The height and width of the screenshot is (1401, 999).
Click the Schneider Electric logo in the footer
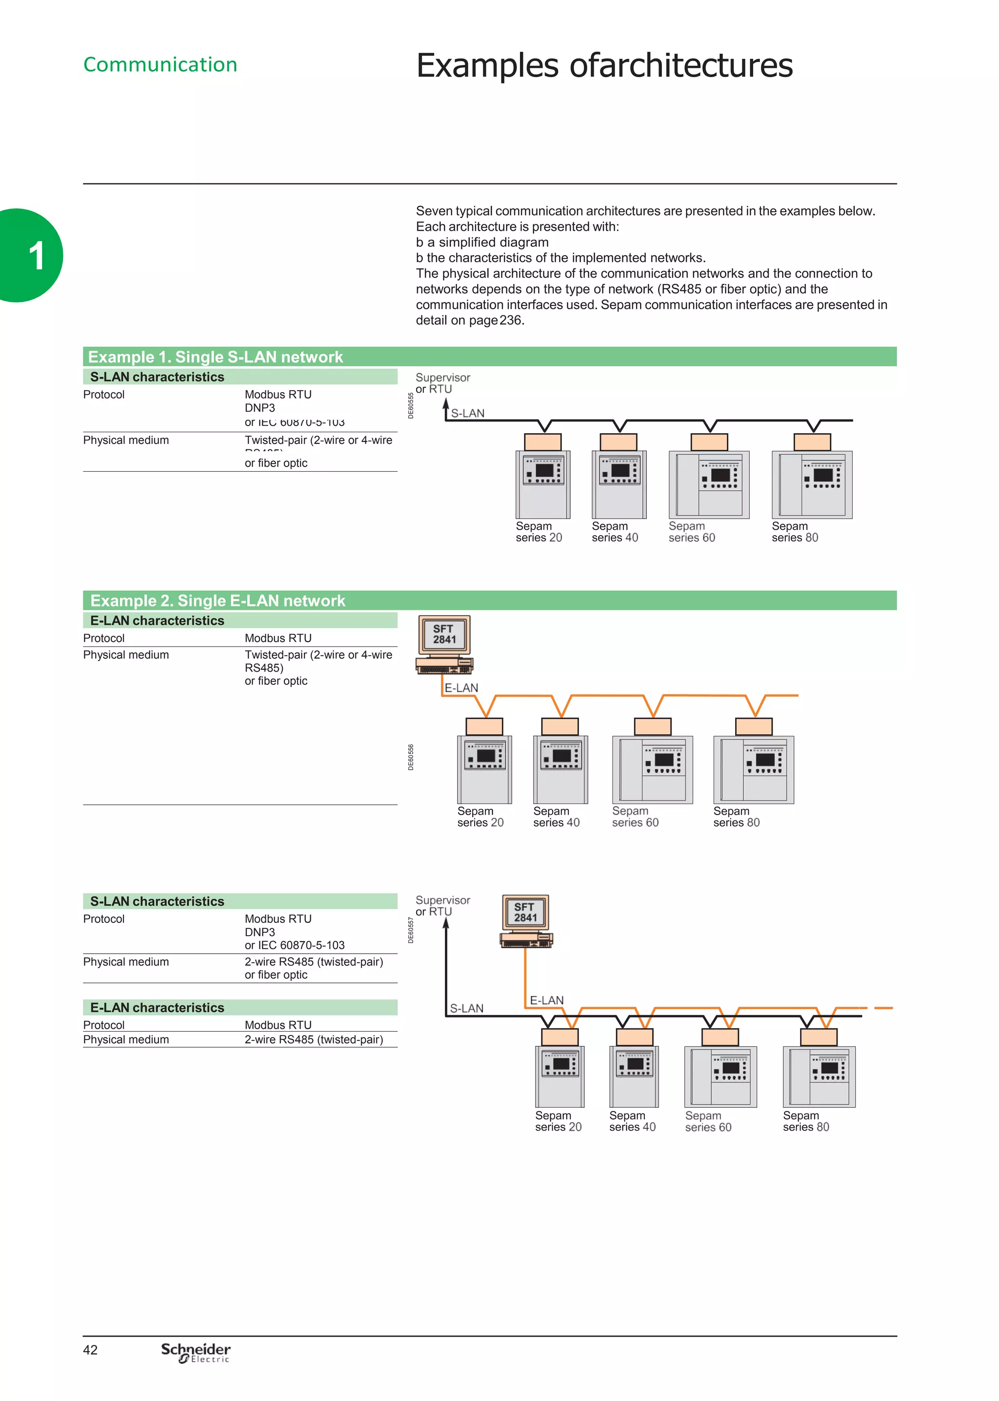pos(196,1352)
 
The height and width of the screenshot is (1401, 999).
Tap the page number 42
pos(90,1350)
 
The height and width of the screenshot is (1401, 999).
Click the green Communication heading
pos(160,64)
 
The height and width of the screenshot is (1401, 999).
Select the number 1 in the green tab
pos(36,256)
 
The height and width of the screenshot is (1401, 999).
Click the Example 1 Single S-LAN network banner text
pos(215,357)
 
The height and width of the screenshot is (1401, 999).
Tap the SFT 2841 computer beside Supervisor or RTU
pos(526,921)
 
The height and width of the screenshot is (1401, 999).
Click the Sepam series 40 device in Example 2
pos(560,769)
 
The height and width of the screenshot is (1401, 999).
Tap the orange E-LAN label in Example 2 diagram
pos(461,688)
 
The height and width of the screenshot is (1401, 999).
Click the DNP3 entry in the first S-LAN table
pos(260,408)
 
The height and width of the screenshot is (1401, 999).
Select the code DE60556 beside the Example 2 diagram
pos(411,757)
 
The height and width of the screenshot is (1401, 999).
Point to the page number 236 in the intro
pos(511,320)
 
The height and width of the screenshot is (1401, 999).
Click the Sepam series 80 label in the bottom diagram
pos(806,1121)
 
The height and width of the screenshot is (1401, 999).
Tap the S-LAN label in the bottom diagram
pos(466,1009)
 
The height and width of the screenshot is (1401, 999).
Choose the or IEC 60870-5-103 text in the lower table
pos(295,945)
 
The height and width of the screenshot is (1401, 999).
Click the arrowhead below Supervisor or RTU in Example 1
pos(446,404)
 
